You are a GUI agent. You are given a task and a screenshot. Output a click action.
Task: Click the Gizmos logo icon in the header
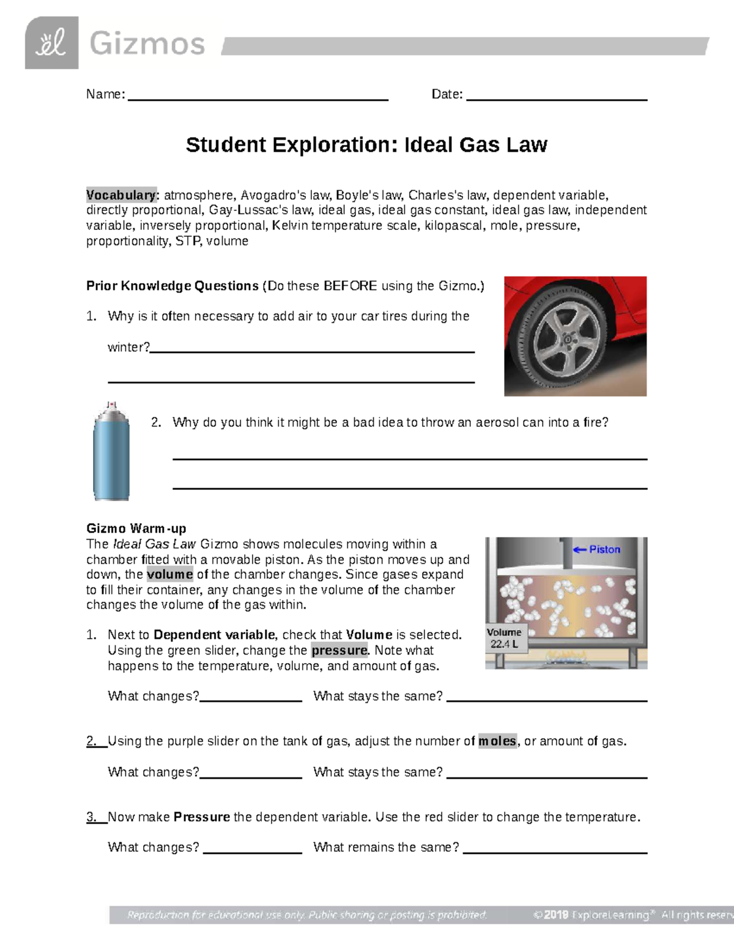51,43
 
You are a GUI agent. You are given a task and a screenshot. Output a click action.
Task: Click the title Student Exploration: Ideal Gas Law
366,145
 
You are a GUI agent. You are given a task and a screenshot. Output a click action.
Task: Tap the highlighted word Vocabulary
121,195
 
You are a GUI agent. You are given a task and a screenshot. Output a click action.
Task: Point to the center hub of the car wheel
567,338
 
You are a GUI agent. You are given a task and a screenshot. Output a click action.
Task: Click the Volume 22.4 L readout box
504,638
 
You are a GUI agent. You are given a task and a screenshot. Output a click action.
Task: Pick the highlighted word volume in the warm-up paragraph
169,574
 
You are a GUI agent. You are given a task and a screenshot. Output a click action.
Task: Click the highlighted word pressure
339,650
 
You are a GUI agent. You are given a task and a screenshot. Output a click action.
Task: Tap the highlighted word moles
497,741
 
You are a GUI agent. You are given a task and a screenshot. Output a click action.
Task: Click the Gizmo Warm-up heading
136,529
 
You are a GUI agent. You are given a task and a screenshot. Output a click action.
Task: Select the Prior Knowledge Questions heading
172,286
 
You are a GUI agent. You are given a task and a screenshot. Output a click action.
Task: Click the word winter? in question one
128,347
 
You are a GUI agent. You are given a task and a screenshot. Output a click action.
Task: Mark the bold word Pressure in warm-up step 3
202,817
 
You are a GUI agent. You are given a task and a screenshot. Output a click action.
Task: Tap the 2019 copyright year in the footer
556,915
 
